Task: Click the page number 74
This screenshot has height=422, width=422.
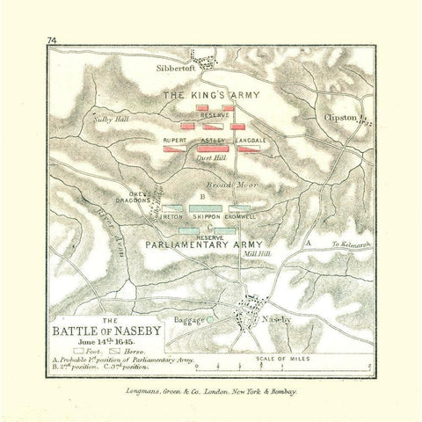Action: coord(53,41)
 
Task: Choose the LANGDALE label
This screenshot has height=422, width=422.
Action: coord(250,141)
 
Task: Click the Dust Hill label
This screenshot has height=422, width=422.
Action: coord(214,158)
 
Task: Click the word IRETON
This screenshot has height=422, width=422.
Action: coord(172,215)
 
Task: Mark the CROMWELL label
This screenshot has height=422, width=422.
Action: coord(241,215)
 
